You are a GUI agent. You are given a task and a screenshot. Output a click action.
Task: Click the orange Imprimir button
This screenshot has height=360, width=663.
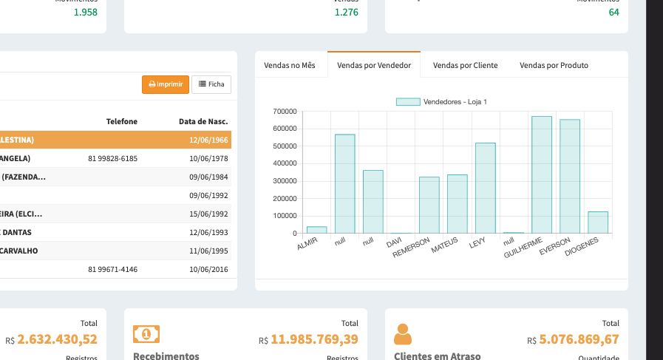166,84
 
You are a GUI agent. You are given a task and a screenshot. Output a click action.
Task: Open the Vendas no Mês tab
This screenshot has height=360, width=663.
290,65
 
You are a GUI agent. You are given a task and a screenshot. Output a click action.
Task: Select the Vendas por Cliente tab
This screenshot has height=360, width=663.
465,65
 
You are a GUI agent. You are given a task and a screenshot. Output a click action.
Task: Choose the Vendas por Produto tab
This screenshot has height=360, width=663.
554,65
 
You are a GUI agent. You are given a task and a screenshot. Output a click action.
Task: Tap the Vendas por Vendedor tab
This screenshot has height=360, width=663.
374,65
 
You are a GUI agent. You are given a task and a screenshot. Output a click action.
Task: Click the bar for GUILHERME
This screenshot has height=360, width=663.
541,175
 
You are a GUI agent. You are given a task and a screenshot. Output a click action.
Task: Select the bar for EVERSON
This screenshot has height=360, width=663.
569,177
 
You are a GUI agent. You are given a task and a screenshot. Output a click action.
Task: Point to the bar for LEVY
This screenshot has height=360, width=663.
485,189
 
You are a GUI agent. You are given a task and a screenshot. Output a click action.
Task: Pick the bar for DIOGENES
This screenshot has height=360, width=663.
597,223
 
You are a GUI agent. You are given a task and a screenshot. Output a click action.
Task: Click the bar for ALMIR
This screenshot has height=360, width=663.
316,230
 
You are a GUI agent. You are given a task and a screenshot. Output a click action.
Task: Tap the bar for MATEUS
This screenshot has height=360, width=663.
457,204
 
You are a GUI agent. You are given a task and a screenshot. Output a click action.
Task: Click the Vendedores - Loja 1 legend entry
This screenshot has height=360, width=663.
441,101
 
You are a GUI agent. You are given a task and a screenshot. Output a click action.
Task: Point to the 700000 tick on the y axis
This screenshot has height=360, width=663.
285,112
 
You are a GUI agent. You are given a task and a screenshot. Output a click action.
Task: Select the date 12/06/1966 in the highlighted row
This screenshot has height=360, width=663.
208,140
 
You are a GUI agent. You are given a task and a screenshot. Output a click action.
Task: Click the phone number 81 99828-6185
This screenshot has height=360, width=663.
112,158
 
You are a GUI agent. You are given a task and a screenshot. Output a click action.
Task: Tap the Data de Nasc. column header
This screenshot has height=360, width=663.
203,121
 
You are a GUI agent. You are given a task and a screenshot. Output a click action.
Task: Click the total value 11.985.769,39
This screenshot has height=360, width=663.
314,339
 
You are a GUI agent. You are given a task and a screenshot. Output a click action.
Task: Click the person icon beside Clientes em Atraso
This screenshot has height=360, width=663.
403,334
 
